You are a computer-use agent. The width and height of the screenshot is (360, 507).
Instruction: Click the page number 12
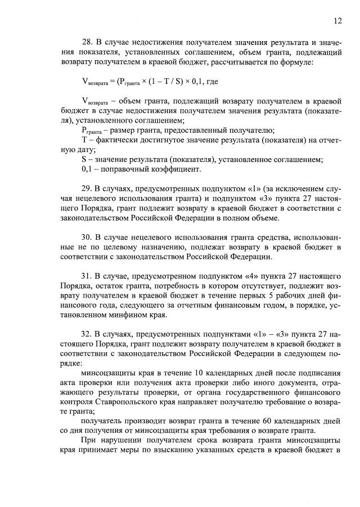tap(337, 21)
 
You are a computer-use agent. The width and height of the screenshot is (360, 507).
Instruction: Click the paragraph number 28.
tap(87, 42)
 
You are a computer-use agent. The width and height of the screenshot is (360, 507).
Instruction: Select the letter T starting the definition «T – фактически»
tap(84, 140)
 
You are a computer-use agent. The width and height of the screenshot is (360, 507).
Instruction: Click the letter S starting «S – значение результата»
tap(84, 159)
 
